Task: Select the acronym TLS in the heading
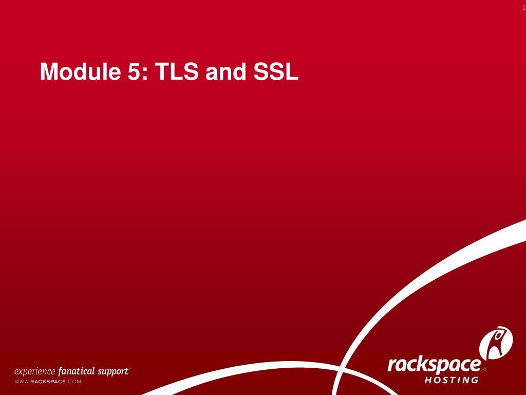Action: (177, 72)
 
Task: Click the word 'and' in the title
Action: (225, 72)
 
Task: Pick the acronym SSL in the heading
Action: (275, 72)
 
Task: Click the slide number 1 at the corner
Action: (523, 7)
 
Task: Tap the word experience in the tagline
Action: (34, 371)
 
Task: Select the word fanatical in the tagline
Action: (77, 371)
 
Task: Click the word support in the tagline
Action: (113, 371)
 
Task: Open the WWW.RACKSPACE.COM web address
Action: (48, 382)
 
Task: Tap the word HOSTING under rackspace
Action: (452, 381)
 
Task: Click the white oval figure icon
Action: (496, 343)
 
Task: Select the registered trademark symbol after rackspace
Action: (483, 369)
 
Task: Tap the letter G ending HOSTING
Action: (475, 381)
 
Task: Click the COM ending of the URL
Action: (75, 382)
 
